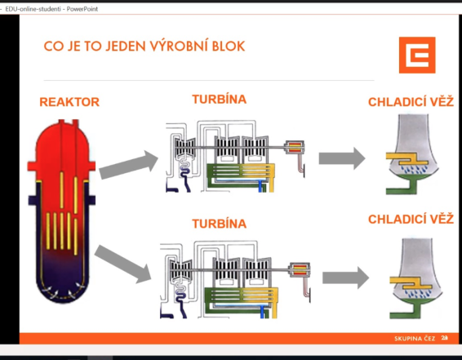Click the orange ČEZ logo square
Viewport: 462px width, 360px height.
coord(417,55)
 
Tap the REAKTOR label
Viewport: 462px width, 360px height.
coord(69,102)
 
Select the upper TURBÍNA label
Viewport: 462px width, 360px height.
coord(220,100)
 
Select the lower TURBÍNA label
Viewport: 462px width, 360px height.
coord(220,224)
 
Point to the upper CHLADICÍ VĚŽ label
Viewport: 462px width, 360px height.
coord(411,102)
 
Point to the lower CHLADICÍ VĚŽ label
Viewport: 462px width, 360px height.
coord(411,219)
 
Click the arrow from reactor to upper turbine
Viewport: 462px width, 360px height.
coord(129,165)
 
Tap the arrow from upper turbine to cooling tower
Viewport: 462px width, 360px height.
coord(342,158)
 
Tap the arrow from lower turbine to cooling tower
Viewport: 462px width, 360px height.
coord(345,278)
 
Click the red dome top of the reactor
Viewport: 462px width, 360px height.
coord(62,141)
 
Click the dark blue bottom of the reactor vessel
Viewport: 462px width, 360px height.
coord(62,282)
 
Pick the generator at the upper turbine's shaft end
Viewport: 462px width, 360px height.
coord(294,147)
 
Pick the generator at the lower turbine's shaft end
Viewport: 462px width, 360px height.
coord(300,269)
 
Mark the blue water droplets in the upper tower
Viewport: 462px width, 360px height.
coord(415,169)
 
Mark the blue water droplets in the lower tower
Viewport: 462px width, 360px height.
coord(418,293)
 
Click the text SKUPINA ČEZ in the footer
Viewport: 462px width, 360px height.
coord(415,339)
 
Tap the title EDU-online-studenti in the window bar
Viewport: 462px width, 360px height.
coord(33,9)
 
